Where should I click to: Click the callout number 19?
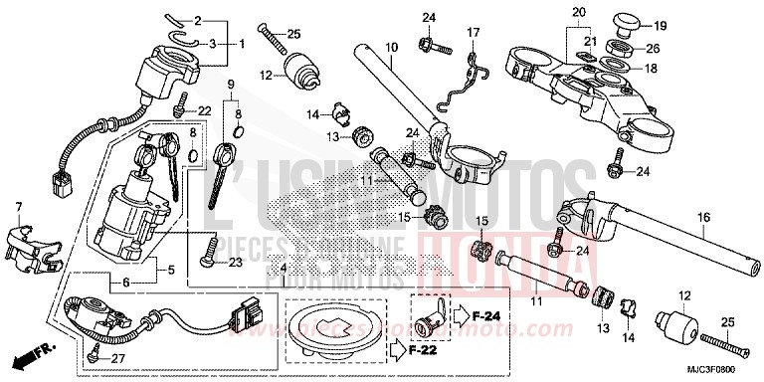tap(661, 25)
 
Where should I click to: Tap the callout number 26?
tap(653, 48)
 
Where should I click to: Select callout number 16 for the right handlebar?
tap(703, 216)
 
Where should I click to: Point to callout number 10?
tap(391, 46)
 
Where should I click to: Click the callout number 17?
tap(474, 33)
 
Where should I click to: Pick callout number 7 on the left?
tap(17, 206)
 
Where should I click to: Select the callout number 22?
tap(205, 109)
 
